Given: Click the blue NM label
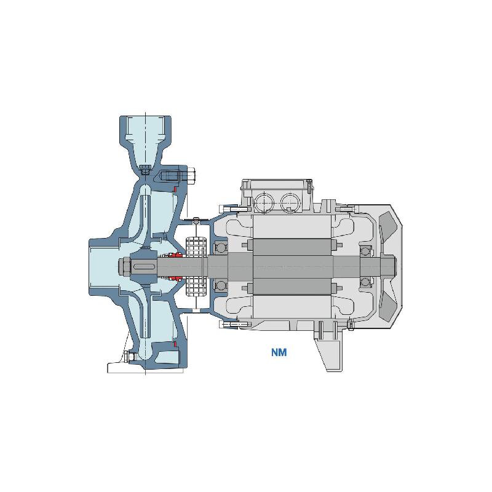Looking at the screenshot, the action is tap(279, 352).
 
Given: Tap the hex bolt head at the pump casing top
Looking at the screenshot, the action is tap(191, 175).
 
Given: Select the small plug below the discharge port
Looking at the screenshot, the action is tap(145, 171).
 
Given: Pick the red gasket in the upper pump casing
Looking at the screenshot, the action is tap(175, 189).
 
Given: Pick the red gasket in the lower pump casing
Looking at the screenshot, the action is tap(175, 344).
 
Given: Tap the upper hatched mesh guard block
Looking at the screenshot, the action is tap(195, 245).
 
